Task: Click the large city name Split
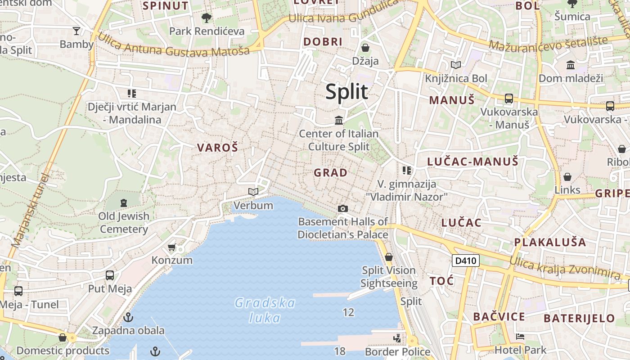(346, 91)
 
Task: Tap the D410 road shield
(465, 261)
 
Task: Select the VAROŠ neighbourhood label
(217, 148)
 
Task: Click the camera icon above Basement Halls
(343, 208)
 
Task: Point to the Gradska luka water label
(265, 310)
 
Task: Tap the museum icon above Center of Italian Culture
(339, 120)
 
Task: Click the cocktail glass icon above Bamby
(76, 31)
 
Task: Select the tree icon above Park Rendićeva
(207, 18)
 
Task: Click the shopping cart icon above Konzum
(171, 247)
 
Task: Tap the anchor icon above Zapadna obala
(128, 317)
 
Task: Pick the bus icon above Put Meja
(110, 275)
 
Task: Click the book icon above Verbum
(253, 192)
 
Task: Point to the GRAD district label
(331, 172)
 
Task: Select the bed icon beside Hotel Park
(520, 337)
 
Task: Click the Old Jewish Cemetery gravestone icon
(124, 202)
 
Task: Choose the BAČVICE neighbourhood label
(499, 317)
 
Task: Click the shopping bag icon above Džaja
(365, 47)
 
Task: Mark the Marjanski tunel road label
(30, 211)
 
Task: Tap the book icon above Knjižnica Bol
(456, 65)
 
